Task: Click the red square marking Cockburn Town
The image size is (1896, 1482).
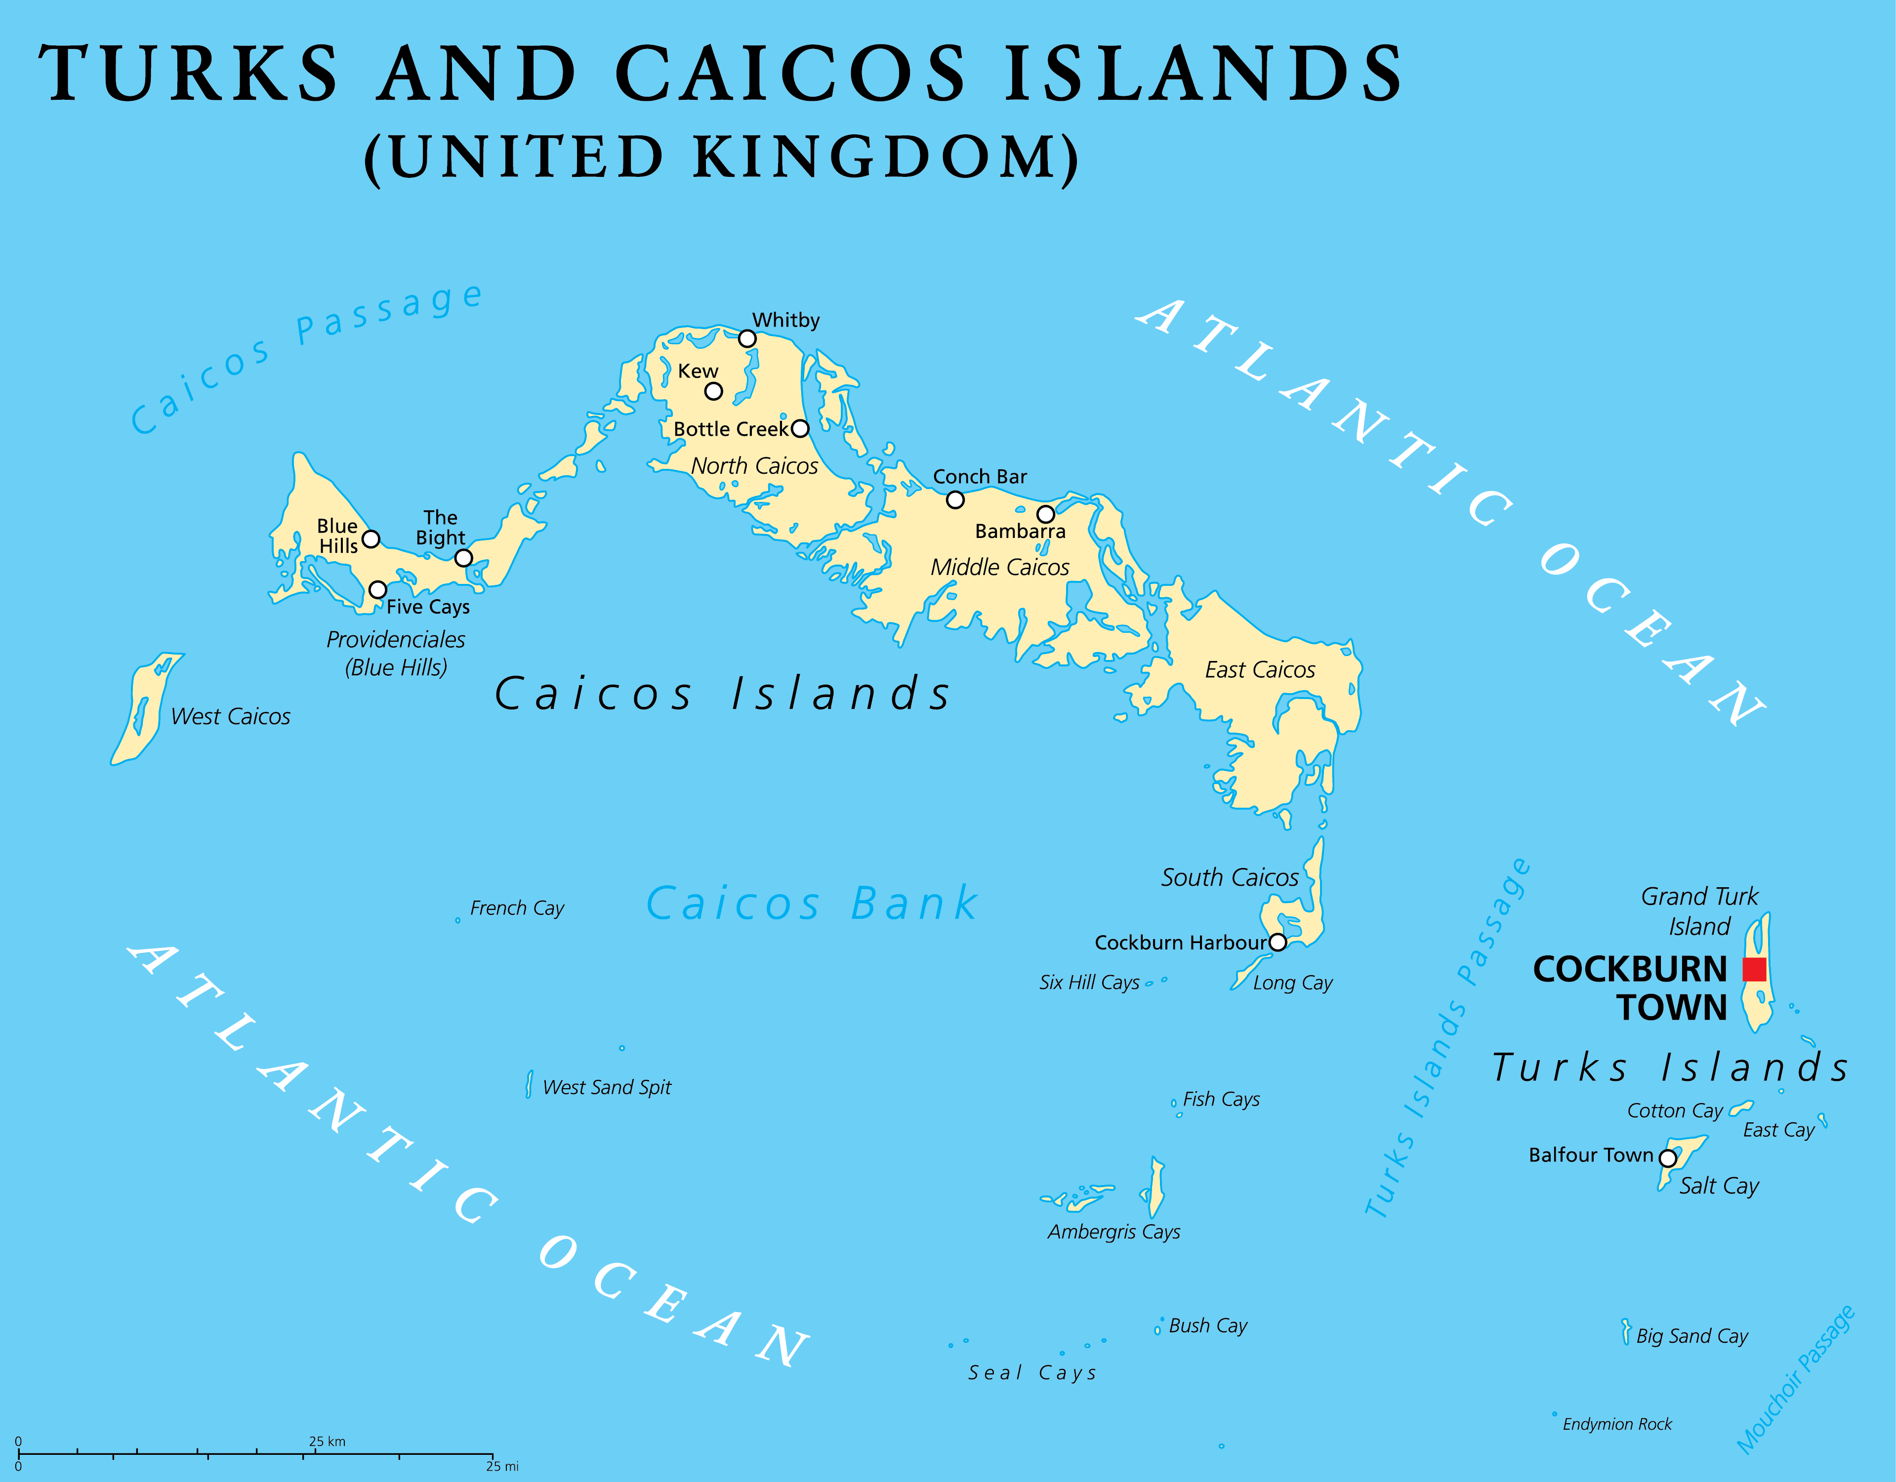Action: (1755, 969)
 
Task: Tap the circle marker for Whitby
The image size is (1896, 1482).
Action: (746, 338)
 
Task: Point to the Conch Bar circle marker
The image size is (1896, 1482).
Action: (955, 500)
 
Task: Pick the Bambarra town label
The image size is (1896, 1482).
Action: (1020, 532)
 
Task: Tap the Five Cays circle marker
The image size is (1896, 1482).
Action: (377, 589)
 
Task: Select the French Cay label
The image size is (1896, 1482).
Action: (517, 908)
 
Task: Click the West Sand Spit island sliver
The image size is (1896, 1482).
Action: (529, 1084)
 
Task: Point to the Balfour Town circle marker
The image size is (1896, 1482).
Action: (1668, 1158)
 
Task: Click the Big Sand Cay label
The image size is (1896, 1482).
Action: (1692, 1336)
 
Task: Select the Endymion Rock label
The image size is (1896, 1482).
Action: (1616, 1424)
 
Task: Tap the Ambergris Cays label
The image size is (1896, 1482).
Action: (1114, 1232)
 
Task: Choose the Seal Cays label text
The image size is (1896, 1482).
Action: (1032, 1373)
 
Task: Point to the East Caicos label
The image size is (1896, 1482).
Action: (1260, 670)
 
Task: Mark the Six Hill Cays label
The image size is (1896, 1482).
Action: (1089, 983)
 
